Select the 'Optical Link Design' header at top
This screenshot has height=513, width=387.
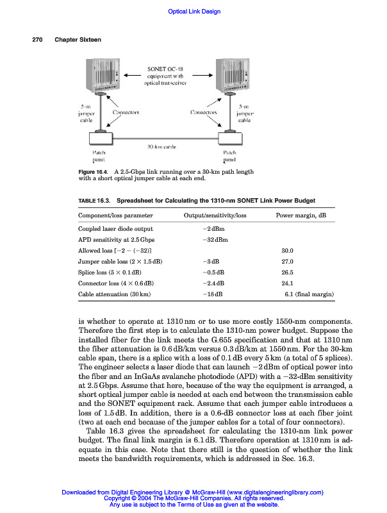click(x=193, y=12)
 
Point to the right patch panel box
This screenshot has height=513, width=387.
click(x=228, y=137)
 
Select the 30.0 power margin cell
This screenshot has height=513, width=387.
click(x=287, y=250)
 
